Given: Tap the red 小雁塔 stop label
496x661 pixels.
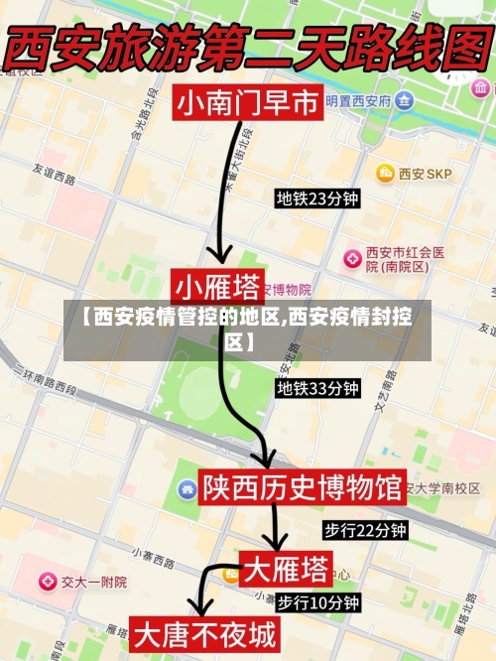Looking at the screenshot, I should point(217,287).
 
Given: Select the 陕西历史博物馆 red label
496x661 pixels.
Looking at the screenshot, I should point(302,487).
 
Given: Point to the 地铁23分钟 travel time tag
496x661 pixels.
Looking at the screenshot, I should point(316,198).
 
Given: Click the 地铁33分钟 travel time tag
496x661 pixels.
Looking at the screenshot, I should point(316,388).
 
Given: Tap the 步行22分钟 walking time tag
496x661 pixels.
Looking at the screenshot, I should point(365,530).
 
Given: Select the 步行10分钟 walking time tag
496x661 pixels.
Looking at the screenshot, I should point(317,601).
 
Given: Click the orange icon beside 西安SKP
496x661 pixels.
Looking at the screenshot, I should point(385,174).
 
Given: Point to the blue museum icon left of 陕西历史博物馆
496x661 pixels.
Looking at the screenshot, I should point(186,488).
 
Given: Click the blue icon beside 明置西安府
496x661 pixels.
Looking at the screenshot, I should point(404,100).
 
